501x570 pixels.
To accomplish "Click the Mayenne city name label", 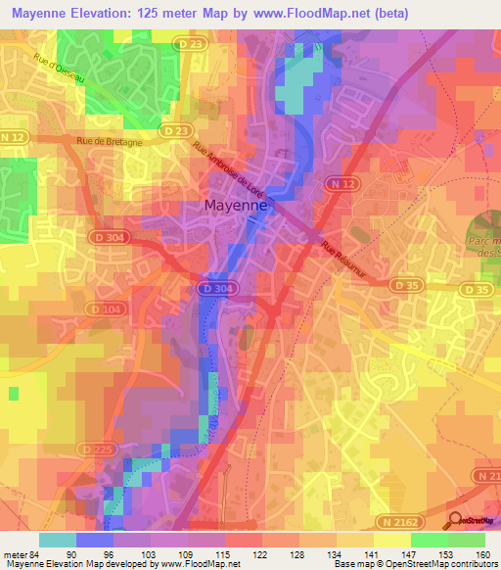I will [x=238, y=206].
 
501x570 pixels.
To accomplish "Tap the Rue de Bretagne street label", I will [x=111, y=141].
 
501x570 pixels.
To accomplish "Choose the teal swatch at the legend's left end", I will [x=57, y=539].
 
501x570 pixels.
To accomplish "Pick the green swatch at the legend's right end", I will [x=466, y=539].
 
